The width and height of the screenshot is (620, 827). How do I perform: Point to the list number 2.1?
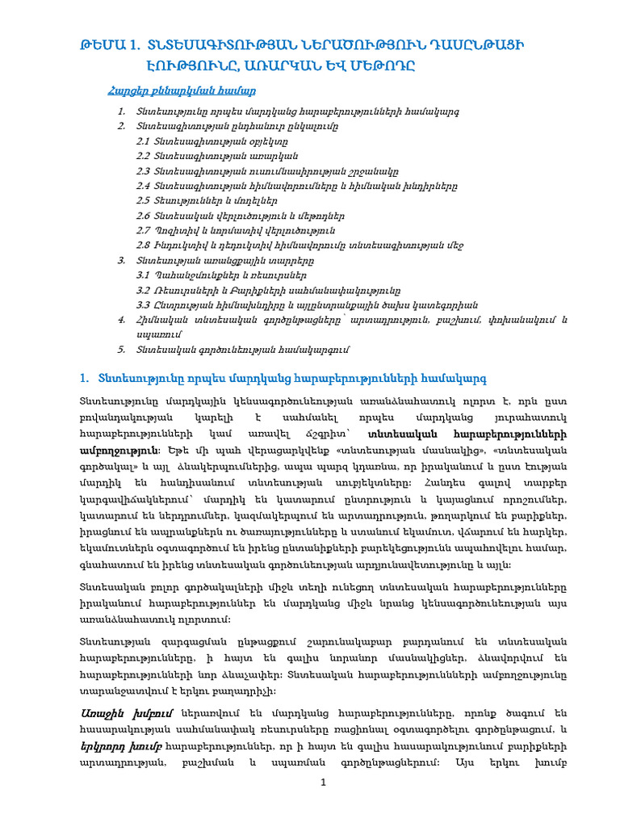click(144, 141)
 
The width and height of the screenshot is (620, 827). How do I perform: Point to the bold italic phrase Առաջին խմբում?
click(115, 714)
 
